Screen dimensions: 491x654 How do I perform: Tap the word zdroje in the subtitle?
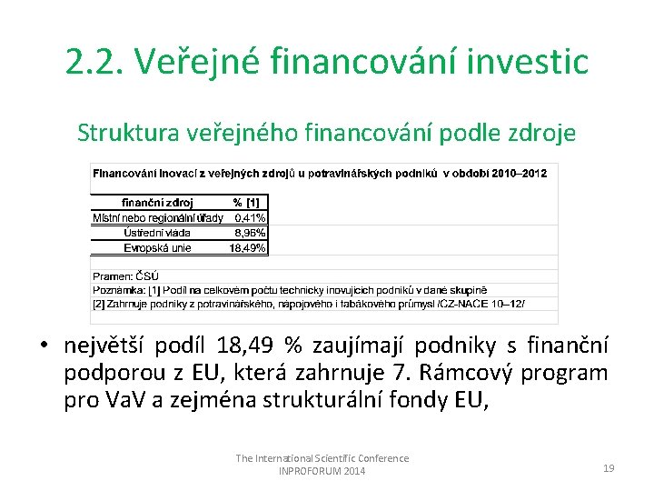pyautogui.click(x=542, y=133)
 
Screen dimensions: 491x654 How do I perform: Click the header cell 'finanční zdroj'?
pyautogui.click(x=157, y=203)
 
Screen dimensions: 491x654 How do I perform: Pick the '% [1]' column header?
pyautogui.click(x=246, y=203)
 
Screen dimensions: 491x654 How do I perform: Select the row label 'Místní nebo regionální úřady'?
pyautogui.click(x=157, y=218)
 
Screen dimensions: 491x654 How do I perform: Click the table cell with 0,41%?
pyautogui.click(x=250, y=218)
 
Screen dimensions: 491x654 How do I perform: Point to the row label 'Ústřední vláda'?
pyautogui.click(x=157, y=233)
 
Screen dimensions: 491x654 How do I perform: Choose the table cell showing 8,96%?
pyautogui.click(x=250, y=233)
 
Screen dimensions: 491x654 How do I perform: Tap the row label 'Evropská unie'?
pyautogui.click(x=157, y=247)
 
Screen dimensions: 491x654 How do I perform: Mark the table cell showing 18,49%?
pyautogui.click(x=248, y=247)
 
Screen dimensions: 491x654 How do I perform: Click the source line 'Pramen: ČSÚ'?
pyautogui.click(x=125, y=276)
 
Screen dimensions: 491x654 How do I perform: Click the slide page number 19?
pyautogui.click(x=609, y=467)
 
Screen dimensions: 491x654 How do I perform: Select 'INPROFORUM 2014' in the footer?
pyautogui.click(x=322, y=471)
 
